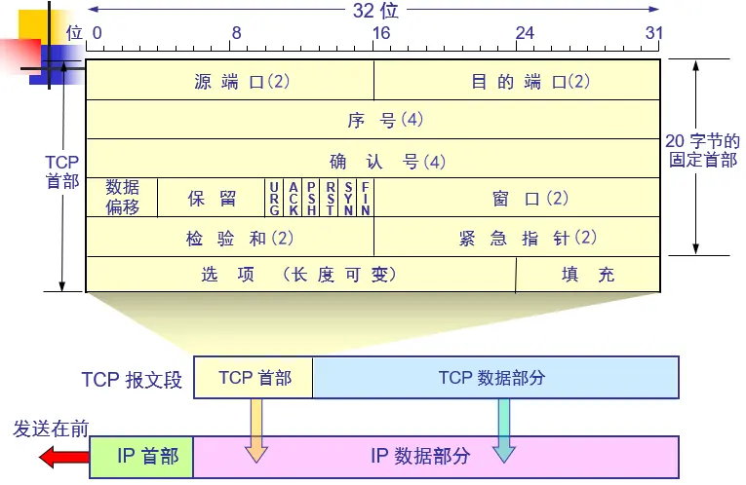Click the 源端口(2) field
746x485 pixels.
[230, 82]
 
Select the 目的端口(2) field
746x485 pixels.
[518, 82]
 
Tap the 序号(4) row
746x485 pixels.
[373, 121]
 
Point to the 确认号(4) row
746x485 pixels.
[373, 160]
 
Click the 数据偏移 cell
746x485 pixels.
[122, 198]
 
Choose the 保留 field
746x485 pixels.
[212, 198]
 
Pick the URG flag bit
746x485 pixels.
[275, 198]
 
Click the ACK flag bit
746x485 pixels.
[293, 198]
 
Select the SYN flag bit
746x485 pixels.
[348, 198]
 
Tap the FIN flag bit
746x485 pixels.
[366, 198]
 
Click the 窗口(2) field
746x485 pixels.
[518, 198]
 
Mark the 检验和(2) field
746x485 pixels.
[230, 238]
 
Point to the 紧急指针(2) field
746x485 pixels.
[518, 238]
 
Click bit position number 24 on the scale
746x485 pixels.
[525, 32]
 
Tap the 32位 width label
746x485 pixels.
[375, 11]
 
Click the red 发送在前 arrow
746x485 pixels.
[63, 457]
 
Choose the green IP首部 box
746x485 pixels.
[142, 456]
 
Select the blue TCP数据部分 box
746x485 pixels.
[495, 378]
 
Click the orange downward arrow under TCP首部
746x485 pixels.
[255, 429]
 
